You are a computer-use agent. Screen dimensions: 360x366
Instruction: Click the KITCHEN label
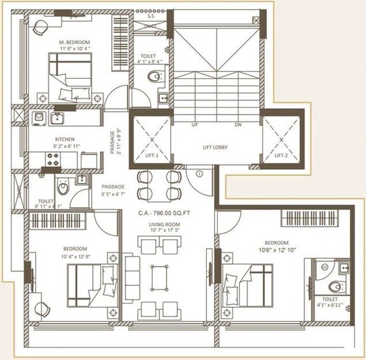click(x=65, y=139)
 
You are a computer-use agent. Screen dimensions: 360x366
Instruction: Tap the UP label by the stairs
click(x=195, y=125)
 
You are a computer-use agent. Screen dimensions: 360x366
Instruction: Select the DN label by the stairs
click(x=238, y=125)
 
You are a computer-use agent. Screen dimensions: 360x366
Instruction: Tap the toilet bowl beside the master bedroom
click(x=153, y=78)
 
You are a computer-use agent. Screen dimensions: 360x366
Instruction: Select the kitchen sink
click(x=58, y=118)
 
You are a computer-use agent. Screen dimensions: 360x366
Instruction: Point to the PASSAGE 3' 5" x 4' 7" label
click(x=113, y=190)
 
